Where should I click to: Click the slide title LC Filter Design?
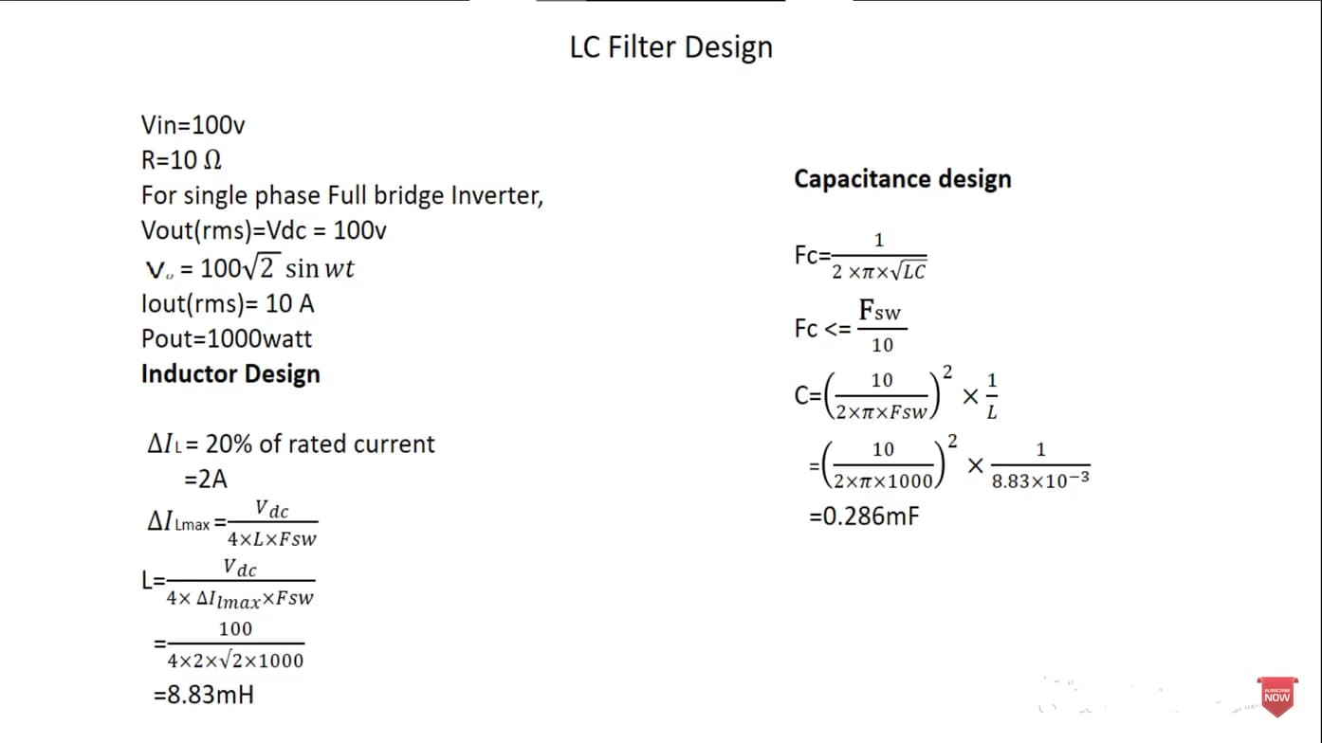coord(671,47)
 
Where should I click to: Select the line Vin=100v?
coord(193,125)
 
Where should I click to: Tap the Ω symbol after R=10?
coord(212,160)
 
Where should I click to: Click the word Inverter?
coord(497,195)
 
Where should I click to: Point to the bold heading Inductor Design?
coord(230,373)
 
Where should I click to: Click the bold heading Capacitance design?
coord(903,179)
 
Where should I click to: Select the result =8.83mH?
coord(204,695)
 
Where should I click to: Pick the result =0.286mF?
coord(865,516)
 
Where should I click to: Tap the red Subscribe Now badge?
coord(1277,696)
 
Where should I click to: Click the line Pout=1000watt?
coord(227,338)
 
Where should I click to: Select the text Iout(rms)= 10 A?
coord(228,303)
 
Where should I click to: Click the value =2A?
coord(206,479)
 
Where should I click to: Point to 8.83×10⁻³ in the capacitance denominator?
coord(1040,480)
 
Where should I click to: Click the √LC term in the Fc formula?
coord(909,270)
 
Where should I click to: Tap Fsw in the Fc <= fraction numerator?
coord(880,310)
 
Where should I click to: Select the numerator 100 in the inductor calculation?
coord(235,628)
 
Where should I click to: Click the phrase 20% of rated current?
coord(320,444)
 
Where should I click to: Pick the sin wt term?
coord(320,269)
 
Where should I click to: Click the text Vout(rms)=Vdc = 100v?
coord(264,230)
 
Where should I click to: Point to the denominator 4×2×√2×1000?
coord(235,661)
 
